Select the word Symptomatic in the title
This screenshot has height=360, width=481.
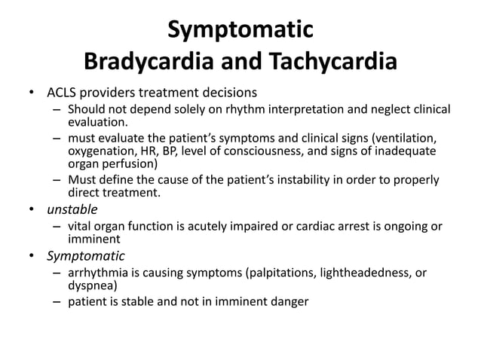tap(240, 30)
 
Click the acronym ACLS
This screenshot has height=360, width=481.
tap(63, 93)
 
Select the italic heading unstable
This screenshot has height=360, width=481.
tap(72, 209)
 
